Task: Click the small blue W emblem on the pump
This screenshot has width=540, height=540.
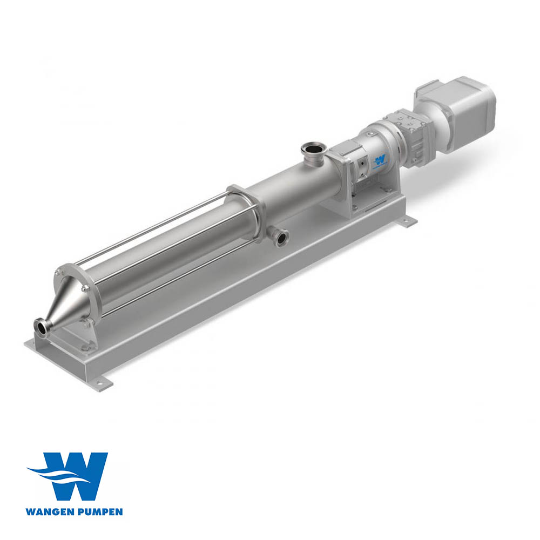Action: point(380,159)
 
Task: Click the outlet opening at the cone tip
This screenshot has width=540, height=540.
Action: point(40,327)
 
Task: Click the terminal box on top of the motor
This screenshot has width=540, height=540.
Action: point(432,89)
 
